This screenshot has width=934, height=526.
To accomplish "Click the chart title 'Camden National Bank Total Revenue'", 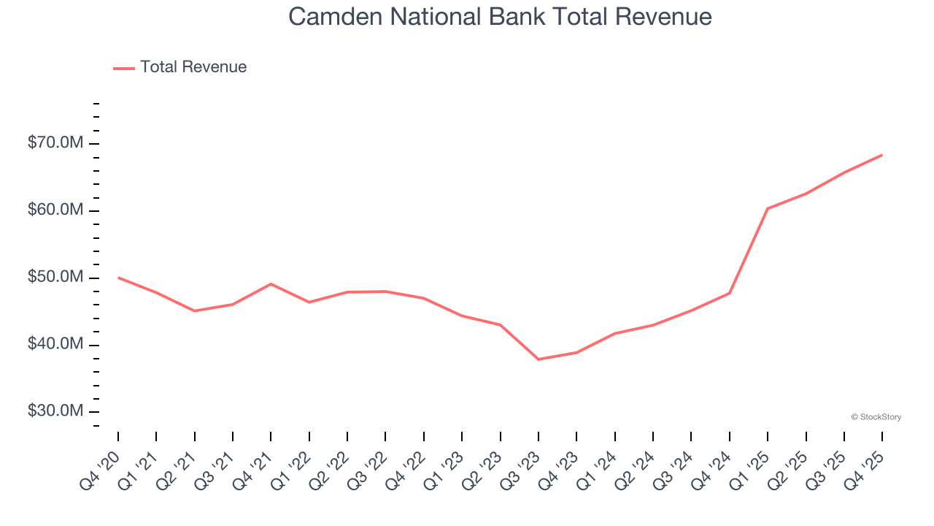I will click(500, 16).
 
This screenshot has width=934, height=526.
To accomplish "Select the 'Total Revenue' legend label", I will click(193, 67).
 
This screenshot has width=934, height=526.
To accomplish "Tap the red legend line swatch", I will click(124, 68).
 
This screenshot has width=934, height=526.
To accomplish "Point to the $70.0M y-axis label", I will click(55, 143).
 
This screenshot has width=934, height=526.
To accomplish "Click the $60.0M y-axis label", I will click(55, 210).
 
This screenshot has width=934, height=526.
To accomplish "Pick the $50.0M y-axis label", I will click(55, 278).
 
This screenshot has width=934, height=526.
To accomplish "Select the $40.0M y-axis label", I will click(55, 345).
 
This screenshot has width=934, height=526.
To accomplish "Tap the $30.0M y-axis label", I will click(55, 411).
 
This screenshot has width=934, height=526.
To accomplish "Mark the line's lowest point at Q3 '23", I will click(539, 359).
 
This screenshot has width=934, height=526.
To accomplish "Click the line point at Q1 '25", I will click(768, 208).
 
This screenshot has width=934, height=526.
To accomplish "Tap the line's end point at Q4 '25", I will click(881, 155).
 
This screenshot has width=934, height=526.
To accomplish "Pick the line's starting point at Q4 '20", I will click(118, 278).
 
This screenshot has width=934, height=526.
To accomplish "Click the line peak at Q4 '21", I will click(271, 283).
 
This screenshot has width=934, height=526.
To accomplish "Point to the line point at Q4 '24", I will click(730, 293).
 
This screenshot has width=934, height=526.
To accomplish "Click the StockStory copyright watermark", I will click(876, 417).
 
